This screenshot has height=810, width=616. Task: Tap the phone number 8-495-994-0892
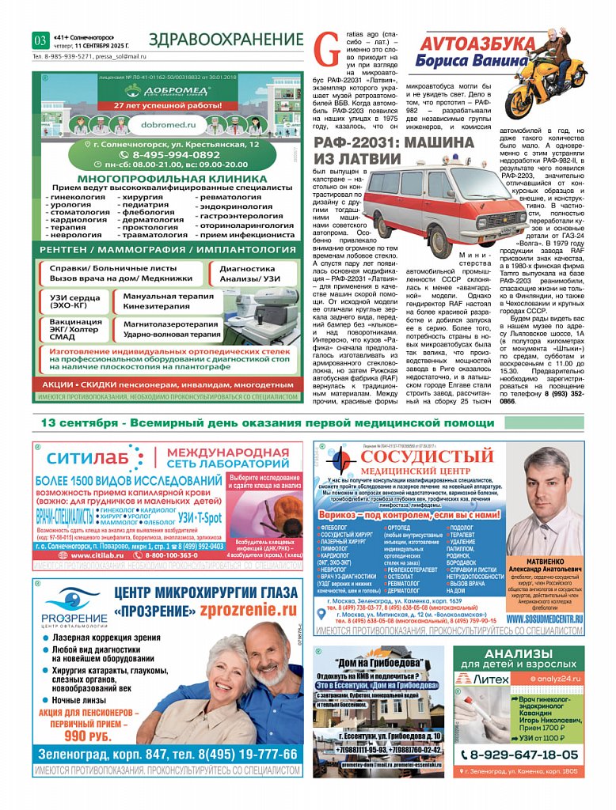pyautogui.click(x=165, y=155)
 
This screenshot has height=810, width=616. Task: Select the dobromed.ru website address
pyautogui.click(x=166, y=125)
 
